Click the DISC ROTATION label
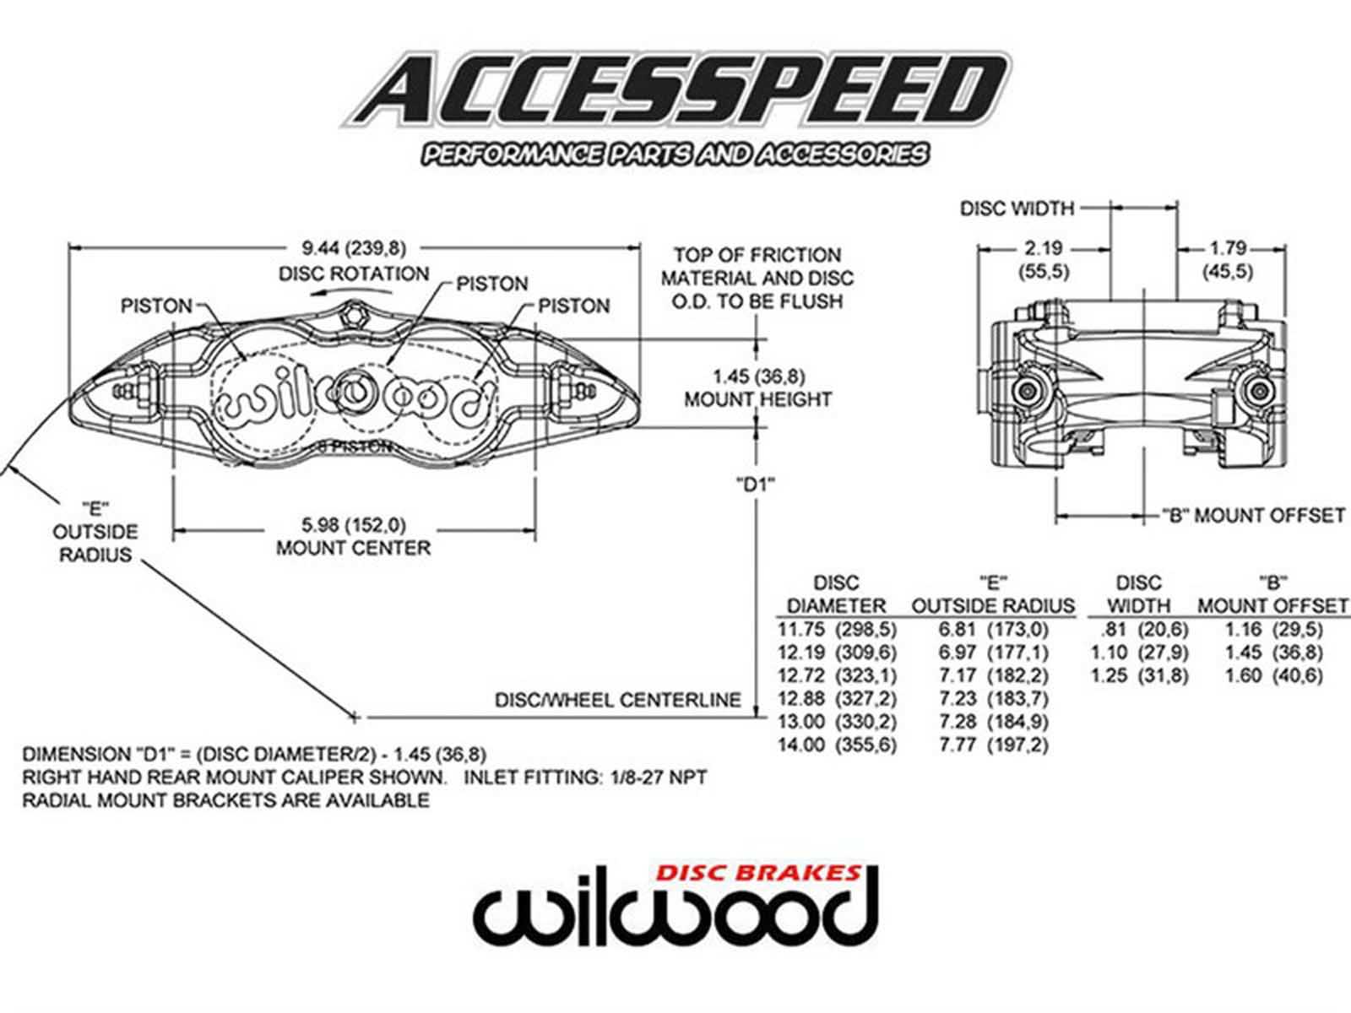(354, 274)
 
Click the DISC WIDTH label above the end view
(1017, 208)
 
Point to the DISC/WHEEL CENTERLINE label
(617, 700)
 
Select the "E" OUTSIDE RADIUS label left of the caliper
(95, 532)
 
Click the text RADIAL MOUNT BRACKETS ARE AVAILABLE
(225, 800)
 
